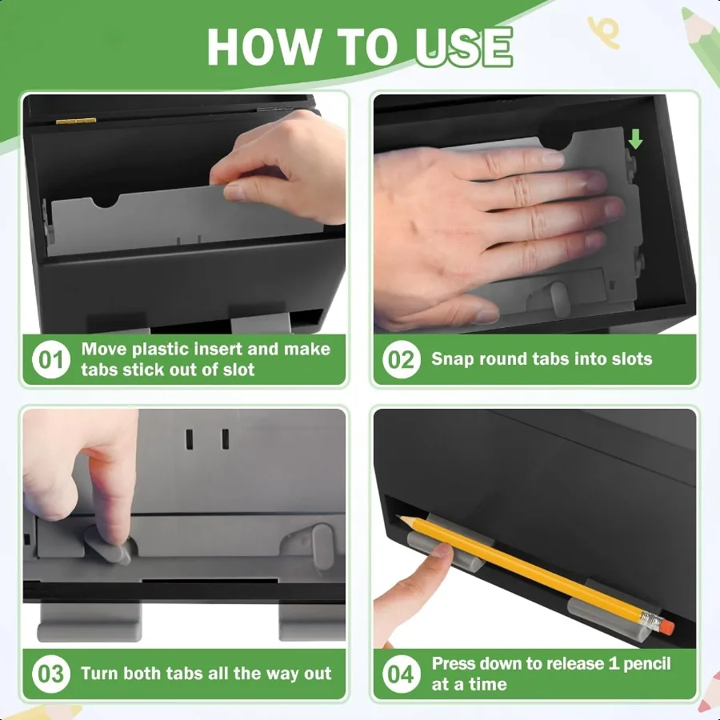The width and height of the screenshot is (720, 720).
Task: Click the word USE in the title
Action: pos(464,47)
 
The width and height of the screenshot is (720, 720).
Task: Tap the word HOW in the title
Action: pos(263,47)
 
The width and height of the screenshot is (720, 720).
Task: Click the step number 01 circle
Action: pos(51,359)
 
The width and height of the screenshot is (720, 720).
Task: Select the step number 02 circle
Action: pos(402,359)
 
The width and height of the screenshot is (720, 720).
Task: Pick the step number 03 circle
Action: pos(51,674)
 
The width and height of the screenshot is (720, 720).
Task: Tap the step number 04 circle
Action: pos(402,674)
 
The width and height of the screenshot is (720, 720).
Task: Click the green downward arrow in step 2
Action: pos(635,138)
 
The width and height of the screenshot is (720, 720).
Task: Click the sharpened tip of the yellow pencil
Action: pos(398,517)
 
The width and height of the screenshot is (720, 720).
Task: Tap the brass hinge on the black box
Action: pos(76,122)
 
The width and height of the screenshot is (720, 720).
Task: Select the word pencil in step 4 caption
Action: pos(647,664)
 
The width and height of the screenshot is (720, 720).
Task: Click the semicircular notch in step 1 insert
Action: pos(105,201)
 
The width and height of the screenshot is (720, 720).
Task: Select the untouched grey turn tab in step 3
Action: pos(322,547)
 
